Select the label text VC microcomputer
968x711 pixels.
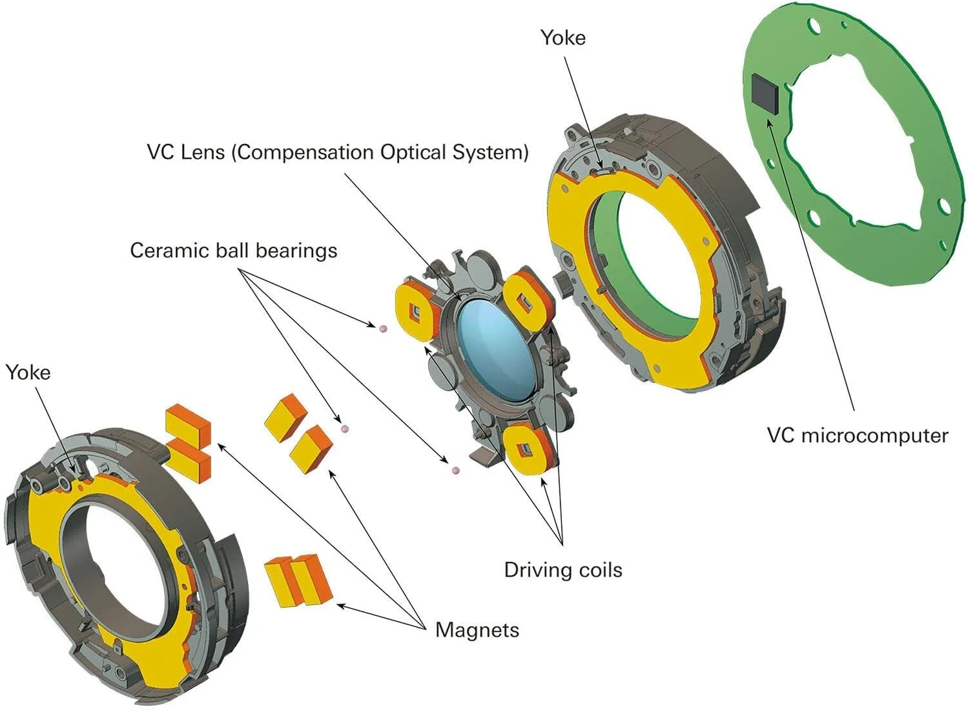[857, 435]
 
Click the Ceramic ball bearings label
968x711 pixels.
[233, 251]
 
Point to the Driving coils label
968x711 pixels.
[563, 570]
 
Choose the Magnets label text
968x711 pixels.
[477, 630]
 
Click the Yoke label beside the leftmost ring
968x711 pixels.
[28, 373]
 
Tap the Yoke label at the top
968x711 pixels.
[563, 37]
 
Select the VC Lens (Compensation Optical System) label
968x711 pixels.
[338, 152]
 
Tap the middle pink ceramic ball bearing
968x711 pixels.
[345, 428]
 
